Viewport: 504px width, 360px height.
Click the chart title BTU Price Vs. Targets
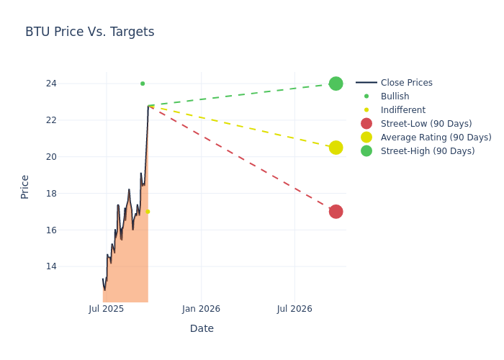(89, 32)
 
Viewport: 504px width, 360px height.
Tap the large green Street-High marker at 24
(336, 84)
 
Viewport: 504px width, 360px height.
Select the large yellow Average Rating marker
(336, 148)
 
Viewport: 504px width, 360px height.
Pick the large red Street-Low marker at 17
(336, 212)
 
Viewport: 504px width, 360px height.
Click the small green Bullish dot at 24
(143, 84)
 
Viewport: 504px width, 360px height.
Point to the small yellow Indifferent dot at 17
(148, 212)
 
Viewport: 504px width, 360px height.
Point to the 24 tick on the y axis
(71, 84)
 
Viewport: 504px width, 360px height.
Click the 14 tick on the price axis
(71, 266)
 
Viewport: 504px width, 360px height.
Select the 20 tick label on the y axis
(71, 157)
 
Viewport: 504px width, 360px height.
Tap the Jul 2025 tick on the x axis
(107, 309)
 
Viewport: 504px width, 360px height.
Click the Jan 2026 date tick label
(200, 309)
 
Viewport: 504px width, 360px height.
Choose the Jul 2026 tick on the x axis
(294, 309)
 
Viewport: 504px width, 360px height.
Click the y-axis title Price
(25, 186)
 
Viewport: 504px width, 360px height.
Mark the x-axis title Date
(202, 328)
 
